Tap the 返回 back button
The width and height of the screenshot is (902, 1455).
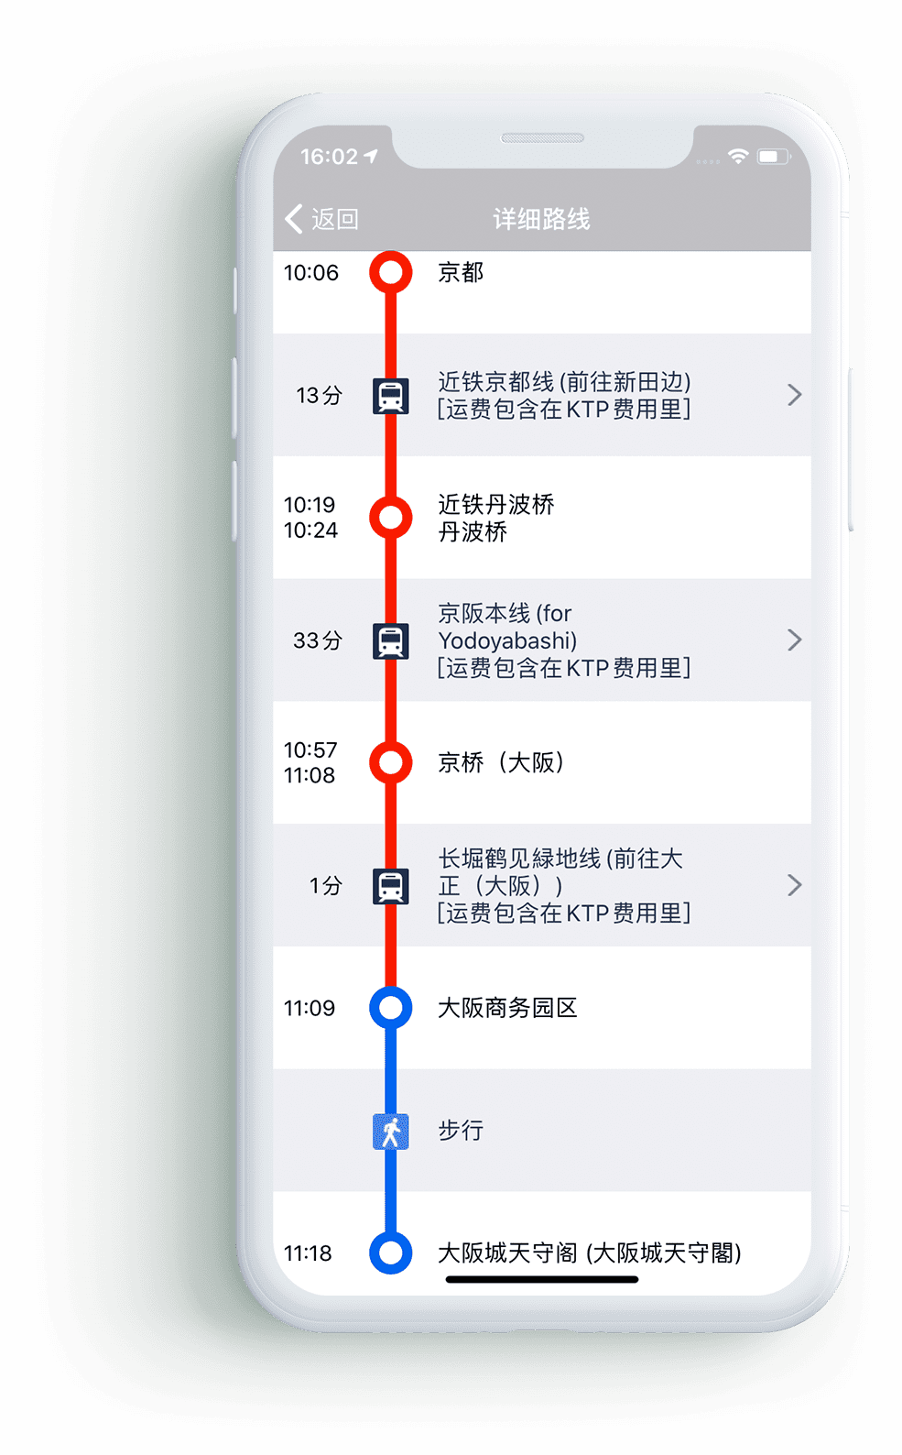pyautogui.click(x=321, y=219)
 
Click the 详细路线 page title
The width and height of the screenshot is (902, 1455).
pyautogui.click(x=541, y=219)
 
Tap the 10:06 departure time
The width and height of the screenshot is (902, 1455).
pyautogui.click(x=311, y=273)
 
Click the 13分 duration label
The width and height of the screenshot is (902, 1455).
pyautogui.click(x=319, y=395)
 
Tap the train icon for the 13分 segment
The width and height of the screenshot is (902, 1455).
pyautogui.click(x=391, y=396)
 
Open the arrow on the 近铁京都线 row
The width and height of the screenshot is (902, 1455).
pyautogui.click(x=795, y=395)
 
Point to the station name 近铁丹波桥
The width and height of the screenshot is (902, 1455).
pyautogui.click(x=496, y=505)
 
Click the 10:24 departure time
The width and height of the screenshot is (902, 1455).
pyautogui.click(x=311, y=531)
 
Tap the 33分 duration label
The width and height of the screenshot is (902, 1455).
pyautogui.click(x=318, y=640)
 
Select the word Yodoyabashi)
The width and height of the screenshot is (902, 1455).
pyautogui.click(x=508, y=641)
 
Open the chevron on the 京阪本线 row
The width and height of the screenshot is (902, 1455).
pyautogui.click(x=795, y=640)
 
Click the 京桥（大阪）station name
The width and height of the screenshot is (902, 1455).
pyautogui.click(x=501, y=762)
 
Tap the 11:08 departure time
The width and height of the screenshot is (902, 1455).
pyautogui.click(x=310, y=775)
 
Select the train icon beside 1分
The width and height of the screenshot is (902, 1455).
pyautogui.click(x=391, y=886)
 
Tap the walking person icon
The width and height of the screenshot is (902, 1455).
pyautogui.click(x=391, y=1132)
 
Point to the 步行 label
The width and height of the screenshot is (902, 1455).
pyautogui.click(x=461, y=1131)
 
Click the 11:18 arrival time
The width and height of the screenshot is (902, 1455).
pyautogui.click(x=309, y=1253)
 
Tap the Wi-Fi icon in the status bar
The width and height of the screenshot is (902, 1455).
pyautogui.click(x=738, y=156)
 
